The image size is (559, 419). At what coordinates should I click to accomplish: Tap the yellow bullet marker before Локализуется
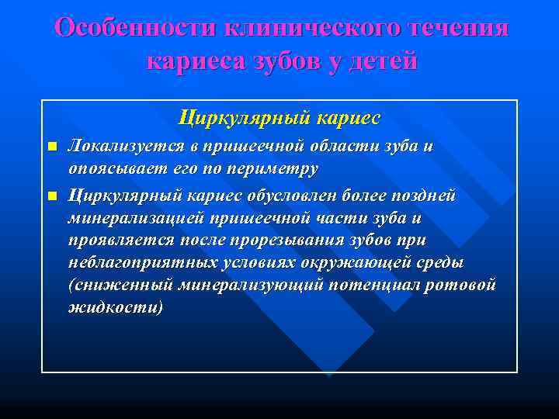pyautogui.click(x=52, y=147)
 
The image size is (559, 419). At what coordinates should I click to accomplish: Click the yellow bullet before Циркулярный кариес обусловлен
pyautogui.click(x=52, y=196)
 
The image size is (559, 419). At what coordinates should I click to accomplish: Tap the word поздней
pyautogui.click(x=423, y=196)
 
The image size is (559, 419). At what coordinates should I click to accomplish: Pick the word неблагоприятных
pyautogui.click(x=141, y=262)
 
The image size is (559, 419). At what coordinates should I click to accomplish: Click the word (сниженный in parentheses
pyautogui.click(x=120, y=285)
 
